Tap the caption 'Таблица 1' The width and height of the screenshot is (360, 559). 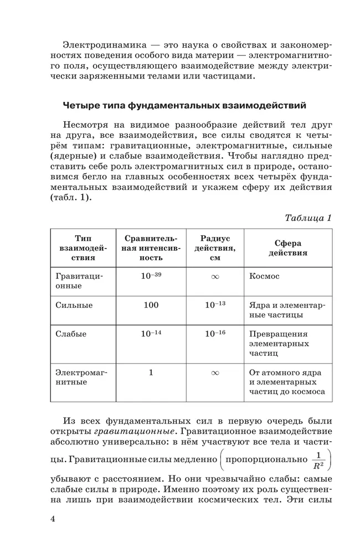click(308, 218)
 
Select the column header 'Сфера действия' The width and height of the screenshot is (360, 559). click(288, 248)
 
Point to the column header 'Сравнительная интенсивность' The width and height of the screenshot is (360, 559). click(151, 248)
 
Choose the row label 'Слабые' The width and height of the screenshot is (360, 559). click(71, 334)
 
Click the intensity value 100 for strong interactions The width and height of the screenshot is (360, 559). click(151, 305)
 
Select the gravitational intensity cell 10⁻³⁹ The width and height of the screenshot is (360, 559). click(151, 275)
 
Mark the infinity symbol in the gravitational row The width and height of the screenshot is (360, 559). click(215, 276)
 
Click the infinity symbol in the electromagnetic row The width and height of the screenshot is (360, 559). click(215, 373)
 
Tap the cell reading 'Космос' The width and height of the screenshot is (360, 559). click(265, 276)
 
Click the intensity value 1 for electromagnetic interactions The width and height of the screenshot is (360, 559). click(151, 372)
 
